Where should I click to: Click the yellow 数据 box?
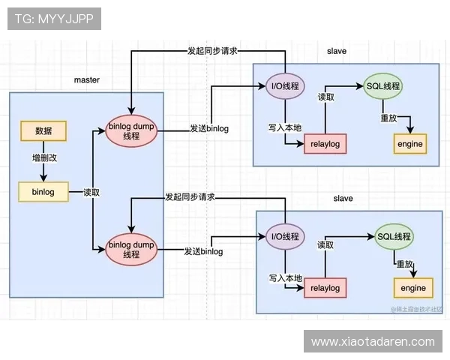(43, 130)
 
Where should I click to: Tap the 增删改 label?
(43, 159)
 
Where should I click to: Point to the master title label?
(86, 79)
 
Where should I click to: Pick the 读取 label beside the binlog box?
(91, 192)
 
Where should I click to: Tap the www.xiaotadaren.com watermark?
(373, 341)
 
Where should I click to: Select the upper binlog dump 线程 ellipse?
(131, 129)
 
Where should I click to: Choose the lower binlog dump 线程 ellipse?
(131, 250)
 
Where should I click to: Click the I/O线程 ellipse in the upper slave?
(284, 86)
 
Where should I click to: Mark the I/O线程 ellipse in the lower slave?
(285, 237)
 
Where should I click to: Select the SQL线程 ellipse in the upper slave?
(382, 86)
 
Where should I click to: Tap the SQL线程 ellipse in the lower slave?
(394, 237)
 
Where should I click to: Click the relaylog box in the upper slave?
(325, 143)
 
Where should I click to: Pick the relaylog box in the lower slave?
(325, 287)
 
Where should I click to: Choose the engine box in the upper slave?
(409, 143)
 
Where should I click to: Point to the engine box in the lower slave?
(412, 287)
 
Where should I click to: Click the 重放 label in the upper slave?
(388, 118)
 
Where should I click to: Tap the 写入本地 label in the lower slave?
(285, 277)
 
